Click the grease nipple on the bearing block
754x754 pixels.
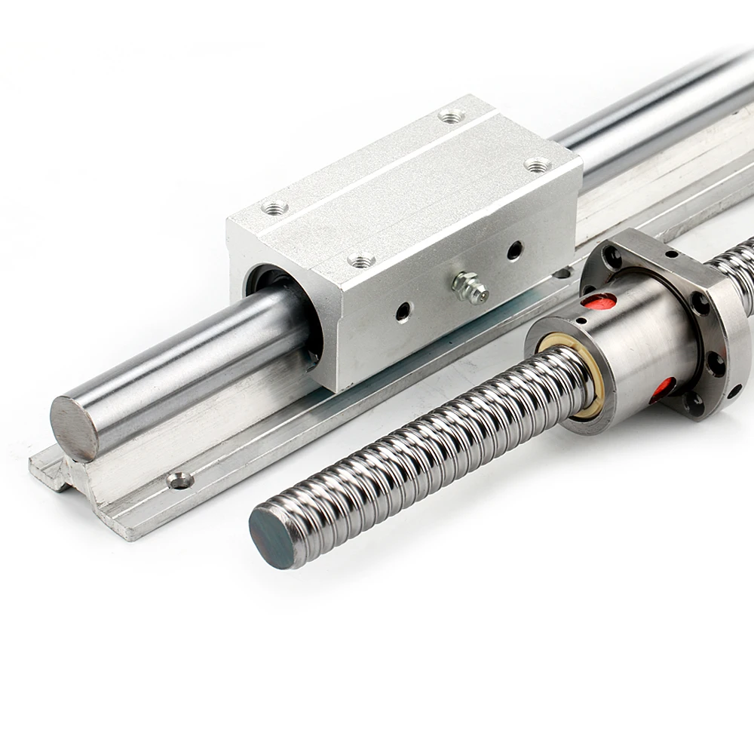(x=468, y=288)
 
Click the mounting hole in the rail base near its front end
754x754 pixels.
(x=179, y=480)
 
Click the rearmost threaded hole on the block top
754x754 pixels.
(x=452, y=116)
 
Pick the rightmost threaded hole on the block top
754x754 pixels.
(x=536, y=164)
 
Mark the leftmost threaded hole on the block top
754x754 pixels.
(x=275, y=205)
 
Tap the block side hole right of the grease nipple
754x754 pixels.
(x=513, y=250)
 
